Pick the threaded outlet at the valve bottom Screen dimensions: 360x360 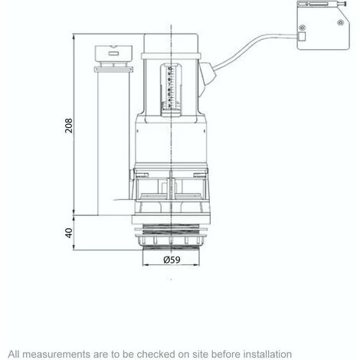click(172, 238)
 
